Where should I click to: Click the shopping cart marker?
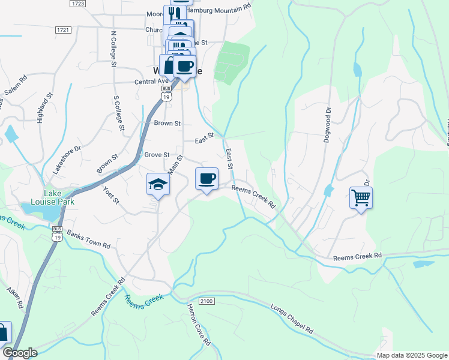click(361, 197)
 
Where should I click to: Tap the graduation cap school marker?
click(158, 184)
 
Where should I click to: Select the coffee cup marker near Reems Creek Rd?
click(206, 178)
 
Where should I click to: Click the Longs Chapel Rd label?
click(292, 322)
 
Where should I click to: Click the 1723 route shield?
click(77, 4)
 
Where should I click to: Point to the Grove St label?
click(157, 155)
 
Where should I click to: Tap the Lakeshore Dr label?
click(66, 160)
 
